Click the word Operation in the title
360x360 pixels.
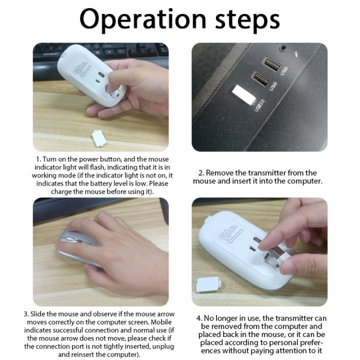[x=142, y=20]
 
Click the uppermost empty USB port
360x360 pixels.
[x=270, y=65]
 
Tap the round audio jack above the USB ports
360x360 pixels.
[x=283, y=48]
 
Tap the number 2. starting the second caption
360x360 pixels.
[x=201, y=173]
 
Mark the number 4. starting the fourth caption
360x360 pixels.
[x=199, y=317]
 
